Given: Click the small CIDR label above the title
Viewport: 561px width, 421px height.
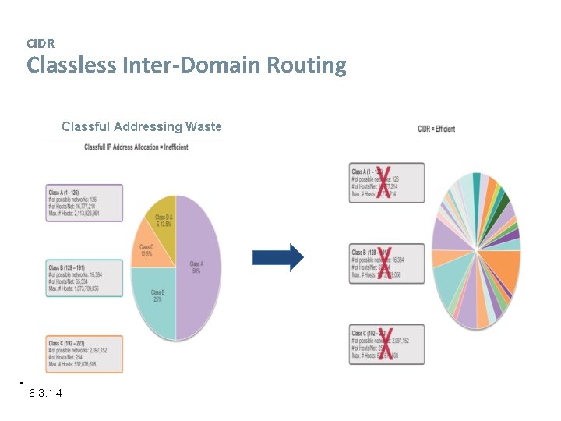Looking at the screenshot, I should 41,44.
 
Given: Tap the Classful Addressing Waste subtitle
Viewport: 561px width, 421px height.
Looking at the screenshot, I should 141,126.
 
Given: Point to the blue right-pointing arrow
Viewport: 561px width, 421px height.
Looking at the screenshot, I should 278,257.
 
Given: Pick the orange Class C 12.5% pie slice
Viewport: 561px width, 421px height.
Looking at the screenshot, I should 148,248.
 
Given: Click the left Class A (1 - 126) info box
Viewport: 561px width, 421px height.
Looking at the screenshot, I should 85,203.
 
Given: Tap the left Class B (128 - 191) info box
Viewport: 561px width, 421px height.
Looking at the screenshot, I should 85,278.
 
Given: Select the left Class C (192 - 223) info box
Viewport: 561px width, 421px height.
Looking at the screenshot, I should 85,353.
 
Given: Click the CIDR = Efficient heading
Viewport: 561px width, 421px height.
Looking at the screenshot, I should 436,129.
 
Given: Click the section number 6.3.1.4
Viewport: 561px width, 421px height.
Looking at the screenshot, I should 46,393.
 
